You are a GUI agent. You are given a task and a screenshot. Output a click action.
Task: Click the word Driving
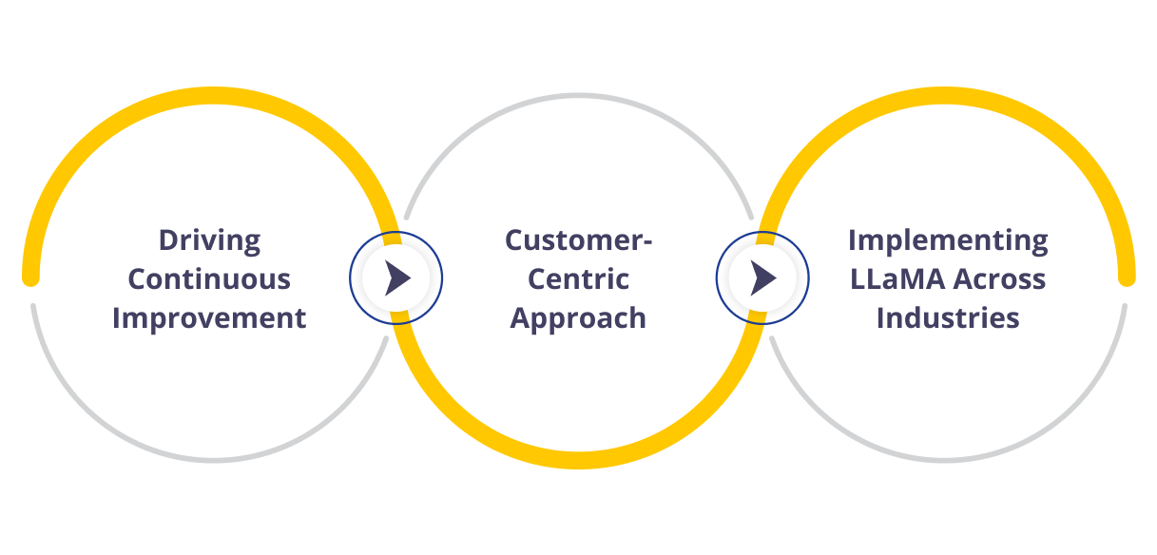209,240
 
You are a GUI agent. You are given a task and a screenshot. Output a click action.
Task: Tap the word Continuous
209,279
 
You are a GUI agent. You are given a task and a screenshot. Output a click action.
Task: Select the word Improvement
209,317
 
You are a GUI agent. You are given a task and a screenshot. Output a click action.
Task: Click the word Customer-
578,240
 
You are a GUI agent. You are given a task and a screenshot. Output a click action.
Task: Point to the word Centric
578,279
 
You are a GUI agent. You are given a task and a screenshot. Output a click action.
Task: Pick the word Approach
578,317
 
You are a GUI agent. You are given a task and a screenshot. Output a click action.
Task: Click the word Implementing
948,240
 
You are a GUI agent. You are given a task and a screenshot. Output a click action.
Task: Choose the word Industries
948,317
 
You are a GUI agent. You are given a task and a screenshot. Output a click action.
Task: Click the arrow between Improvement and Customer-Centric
396,278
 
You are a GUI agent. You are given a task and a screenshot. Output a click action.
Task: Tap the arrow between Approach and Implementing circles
762,278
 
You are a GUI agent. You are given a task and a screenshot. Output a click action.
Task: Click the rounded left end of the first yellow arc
30,277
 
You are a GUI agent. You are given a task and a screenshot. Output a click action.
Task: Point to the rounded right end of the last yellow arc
1127,277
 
